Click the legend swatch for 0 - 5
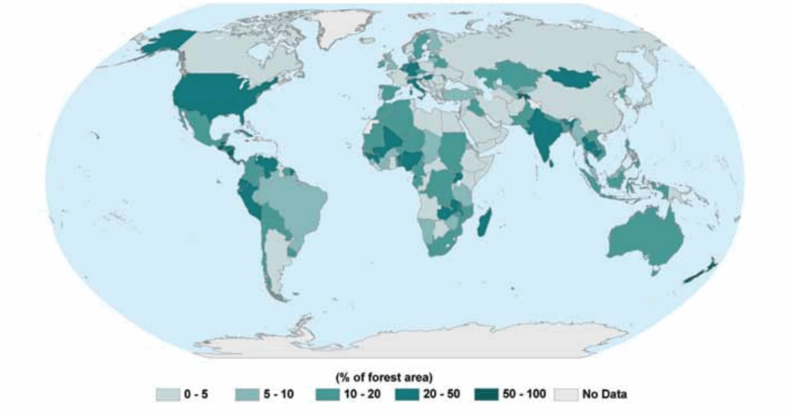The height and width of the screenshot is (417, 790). click(x=166, y=395)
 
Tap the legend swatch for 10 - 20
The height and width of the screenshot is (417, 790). click(x=329, y=395)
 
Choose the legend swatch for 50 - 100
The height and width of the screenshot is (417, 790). click(x=488, y=395)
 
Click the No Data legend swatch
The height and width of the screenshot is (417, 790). click(x=567, y=395)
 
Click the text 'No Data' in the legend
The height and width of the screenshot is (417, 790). click(x=605, y=395)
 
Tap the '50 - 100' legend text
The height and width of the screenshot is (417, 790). click(x=524, y=395)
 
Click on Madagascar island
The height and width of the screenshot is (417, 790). click(x=484, y=225)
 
